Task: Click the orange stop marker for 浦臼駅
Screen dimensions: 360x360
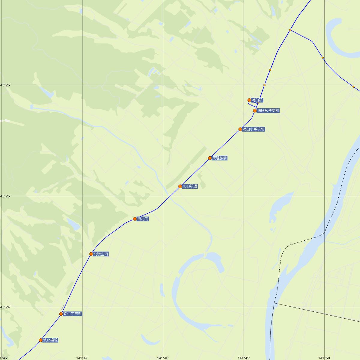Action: (249, 100)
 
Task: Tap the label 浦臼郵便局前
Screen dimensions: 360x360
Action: (268, 111)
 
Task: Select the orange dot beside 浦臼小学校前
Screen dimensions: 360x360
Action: (240, 129)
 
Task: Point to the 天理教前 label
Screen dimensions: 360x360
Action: (219, 158)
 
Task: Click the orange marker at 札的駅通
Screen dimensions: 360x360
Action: (180, 186)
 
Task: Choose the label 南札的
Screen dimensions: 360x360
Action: (142, 219)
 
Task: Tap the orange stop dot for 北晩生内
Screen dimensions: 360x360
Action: (91, 254)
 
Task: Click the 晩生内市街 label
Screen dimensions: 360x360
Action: (72, 314)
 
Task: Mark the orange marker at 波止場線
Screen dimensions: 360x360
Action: (41, 340)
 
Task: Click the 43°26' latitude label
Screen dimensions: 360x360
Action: (5, 85)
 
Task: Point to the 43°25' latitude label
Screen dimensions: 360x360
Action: (5, 196)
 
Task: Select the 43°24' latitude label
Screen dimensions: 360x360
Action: (5, 307)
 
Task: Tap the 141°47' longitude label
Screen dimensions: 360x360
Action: (82, 358)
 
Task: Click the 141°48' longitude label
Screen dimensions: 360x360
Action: (163, 358)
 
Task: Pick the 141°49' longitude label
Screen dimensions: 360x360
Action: (244, 358)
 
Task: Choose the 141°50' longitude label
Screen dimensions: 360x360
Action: (324, 358)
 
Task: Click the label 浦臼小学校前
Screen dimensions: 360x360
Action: (253, 129)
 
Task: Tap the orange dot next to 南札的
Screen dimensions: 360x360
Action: (135, 219)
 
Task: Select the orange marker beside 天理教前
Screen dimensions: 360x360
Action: (210, 158)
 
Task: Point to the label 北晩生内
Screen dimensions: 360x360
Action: (101, 254)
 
